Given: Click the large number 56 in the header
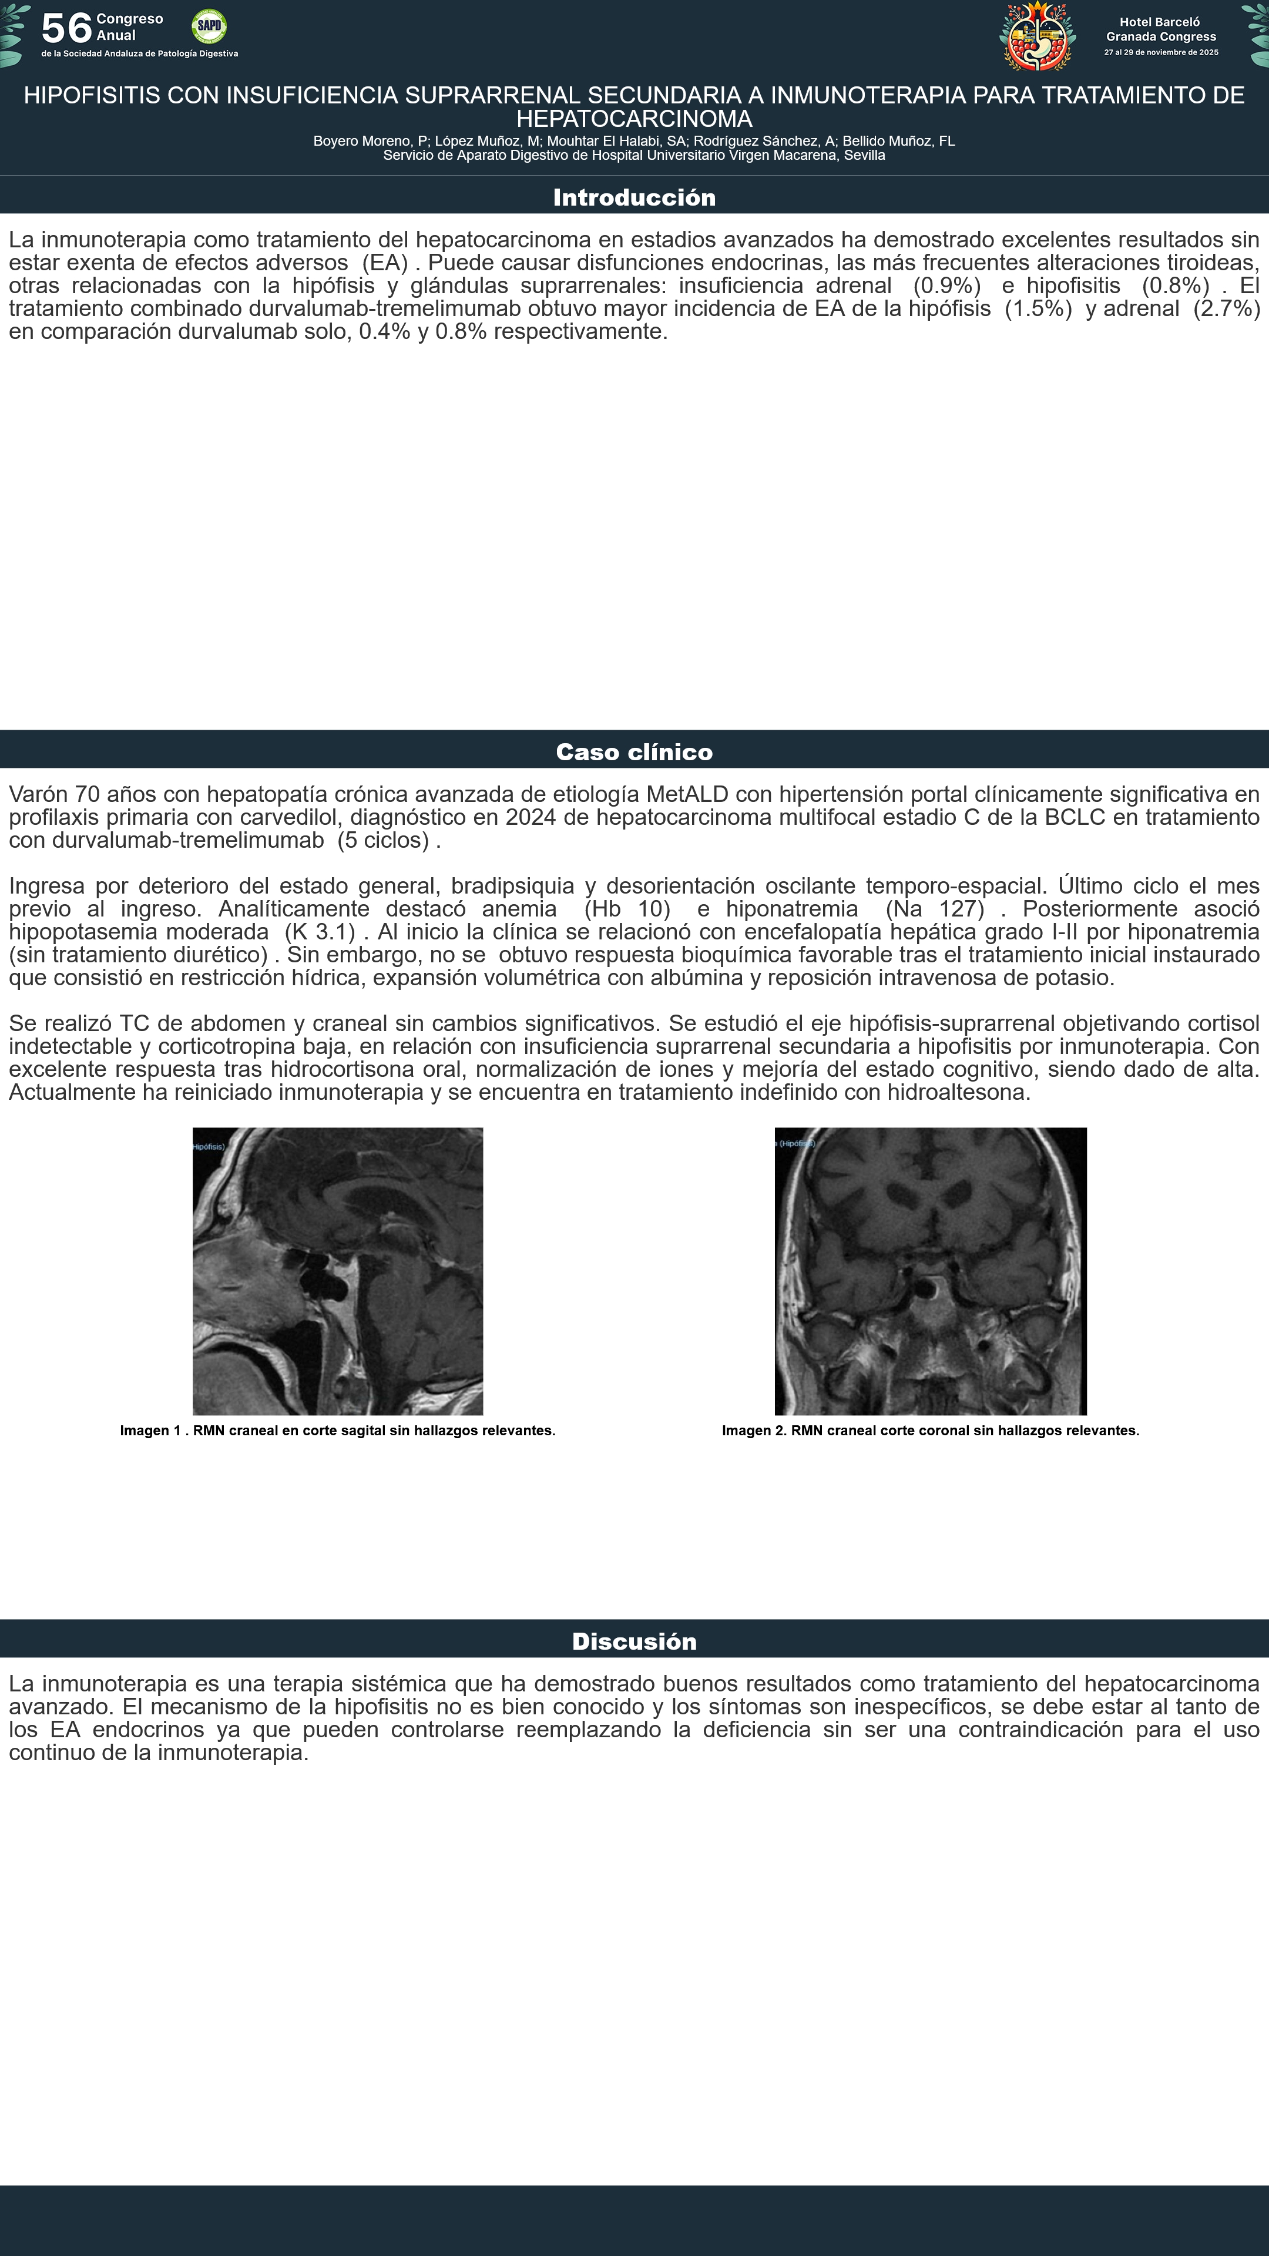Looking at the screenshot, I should coord(66,28).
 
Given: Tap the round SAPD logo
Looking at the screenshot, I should coord(209,26).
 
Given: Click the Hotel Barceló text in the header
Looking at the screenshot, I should coord(1160,22).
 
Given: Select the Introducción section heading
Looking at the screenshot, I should coord(634,197).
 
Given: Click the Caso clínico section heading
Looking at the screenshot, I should coord(634,752).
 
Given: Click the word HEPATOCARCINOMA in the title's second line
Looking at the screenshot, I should coord(634,119).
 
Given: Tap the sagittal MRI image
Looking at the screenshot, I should coord(337,1271).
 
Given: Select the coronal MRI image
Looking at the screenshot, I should coord(930,1271).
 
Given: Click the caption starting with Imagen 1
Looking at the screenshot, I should coord(337,1430).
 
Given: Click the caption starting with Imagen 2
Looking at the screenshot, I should coord(930,1430).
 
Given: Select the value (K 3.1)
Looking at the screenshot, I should coord(320,932).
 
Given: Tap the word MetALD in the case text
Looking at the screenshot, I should coord(687,794).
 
